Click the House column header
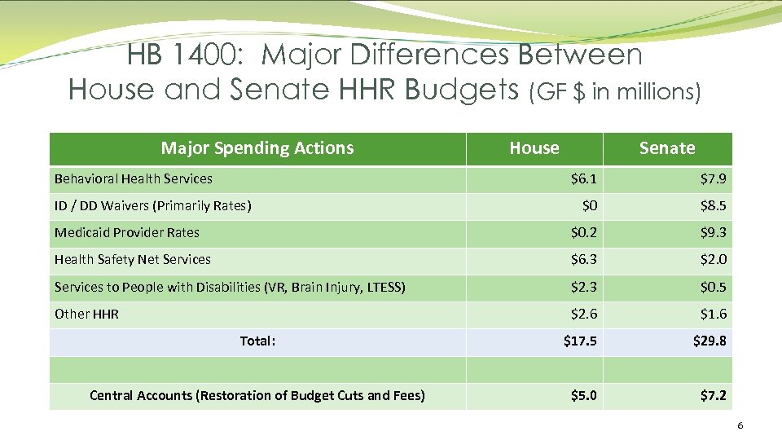[534, 148]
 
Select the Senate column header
[667, 148]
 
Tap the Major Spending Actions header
[257, 148]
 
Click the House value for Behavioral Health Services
[583, 178]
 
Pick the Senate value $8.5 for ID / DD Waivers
[714, 205]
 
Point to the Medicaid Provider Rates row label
[127, 232]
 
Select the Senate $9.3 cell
[714, 232]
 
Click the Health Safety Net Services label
[133, 259]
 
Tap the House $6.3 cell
[583, 259]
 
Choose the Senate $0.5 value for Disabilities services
[714, 287]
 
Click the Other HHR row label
[86, 314]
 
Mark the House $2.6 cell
[583, 314]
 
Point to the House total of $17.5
[580, 341]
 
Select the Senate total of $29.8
[710, 341]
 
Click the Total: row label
[257, 341]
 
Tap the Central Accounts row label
[257, 395]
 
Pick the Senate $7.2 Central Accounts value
[714, 395]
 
